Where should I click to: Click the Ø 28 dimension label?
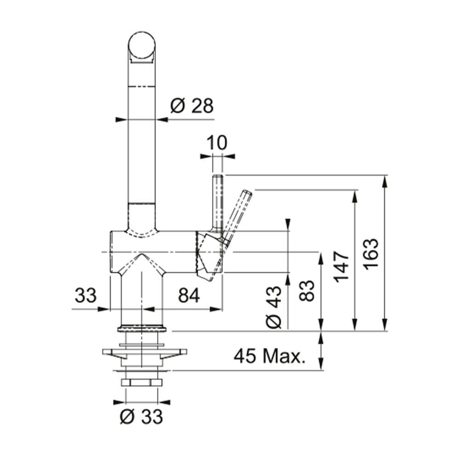point(192,106)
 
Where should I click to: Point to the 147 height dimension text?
point(342,267)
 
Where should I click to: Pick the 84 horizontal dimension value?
point(189,296)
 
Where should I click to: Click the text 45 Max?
point(270,356)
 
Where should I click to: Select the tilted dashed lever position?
point(237,214)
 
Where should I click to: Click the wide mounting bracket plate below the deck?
point(144,353)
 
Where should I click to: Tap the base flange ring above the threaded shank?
point(142,328)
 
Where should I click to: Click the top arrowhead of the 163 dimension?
point(385,180)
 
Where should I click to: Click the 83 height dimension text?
point(307,290)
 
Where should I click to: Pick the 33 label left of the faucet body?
point(86,296)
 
